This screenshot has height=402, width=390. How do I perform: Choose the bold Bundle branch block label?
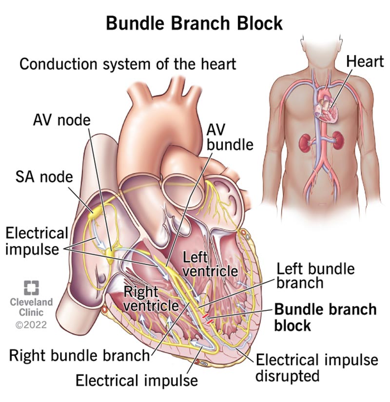[x=325, y=317]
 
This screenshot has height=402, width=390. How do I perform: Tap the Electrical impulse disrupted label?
[x=317, y=367]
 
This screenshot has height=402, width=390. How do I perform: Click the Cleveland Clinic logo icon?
[x=31, y=287]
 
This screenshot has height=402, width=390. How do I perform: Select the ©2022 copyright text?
[x=31, y=325]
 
